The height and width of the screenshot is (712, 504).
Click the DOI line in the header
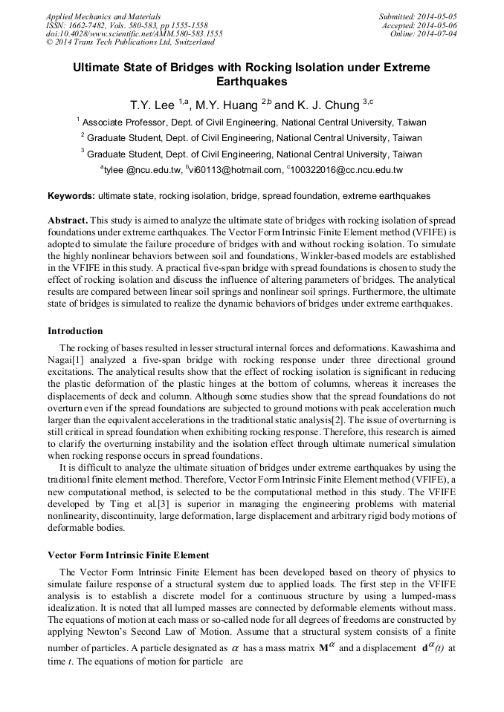click(x=134, y=33)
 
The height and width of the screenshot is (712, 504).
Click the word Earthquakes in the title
click(x=251, y=82)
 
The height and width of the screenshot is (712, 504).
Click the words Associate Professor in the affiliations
click(x=123, y=122)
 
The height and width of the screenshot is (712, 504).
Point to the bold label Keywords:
click(x=71, y=196)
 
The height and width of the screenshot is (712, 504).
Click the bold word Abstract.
click(x=68, y=221)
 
